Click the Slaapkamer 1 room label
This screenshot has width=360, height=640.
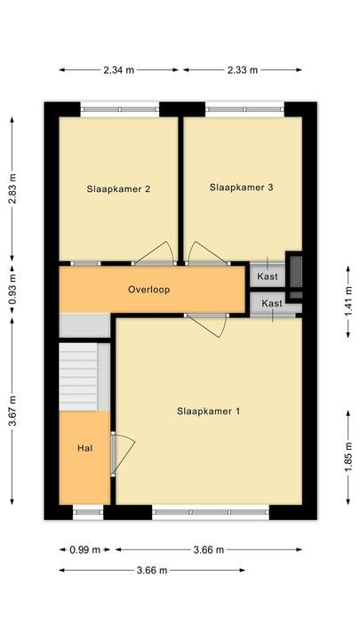tap(208, 412)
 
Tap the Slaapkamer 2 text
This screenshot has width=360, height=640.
tap(117, 188)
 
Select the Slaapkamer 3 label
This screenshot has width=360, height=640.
tap(241, 187)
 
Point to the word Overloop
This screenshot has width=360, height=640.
tap(148, 290)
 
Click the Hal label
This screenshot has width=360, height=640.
tap(84, 447)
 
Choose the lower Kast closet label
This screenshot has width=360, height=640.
tap(272, 304)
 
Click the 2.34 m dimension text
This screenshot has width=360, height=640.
tap(118, 70)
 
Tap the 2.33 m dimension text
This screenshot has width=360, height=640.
tap(242, 70)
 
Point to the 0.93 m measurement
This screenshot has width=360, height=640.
tap(12, 290)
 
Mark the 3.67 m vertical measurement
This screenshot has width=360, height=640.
tap(12, 411)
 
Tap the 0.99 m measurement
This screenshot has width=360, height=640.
tap(84, 549)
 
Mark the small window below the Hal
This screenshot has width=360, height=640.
tap(87, 511)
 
